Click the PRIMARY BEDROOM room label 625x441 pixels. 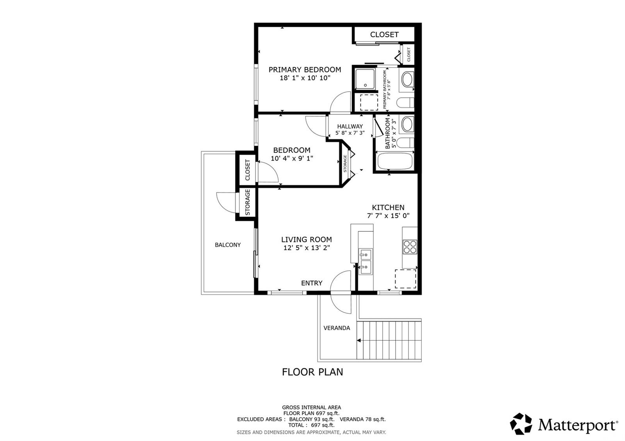[305, 70]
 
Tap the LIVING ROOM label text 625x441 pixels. [306, 240]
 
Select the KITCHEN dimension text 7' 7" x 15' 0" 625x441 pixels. [388, 215]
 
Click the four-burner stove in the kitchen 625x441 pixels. [410, 247]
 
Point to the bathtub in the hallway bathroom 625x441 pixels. [394, 161]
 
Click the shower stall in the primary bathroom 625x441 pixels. [365, 79]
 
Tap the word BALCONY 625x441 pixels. [228, 245]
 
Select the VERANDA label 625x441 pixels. [336, 328]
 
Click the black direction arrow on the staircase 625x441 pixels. [359, 340]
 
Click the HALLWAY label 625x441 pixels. [350, 126]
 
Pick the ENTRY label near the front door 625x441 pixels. [312, 283]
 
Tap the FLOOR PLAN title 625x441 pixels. [312, 372]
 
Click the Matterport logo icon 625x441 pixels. [521, 424]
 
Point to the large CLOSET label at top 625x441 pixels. [384, 35]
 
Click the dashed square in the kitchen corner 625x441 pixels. [405, 279]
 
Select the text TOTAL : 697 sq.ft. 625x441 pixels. [311, 425]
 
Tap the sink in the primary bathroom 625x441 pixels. [407, 79]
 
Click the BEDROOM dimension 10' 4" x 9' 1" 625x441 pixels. [292, 158]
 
